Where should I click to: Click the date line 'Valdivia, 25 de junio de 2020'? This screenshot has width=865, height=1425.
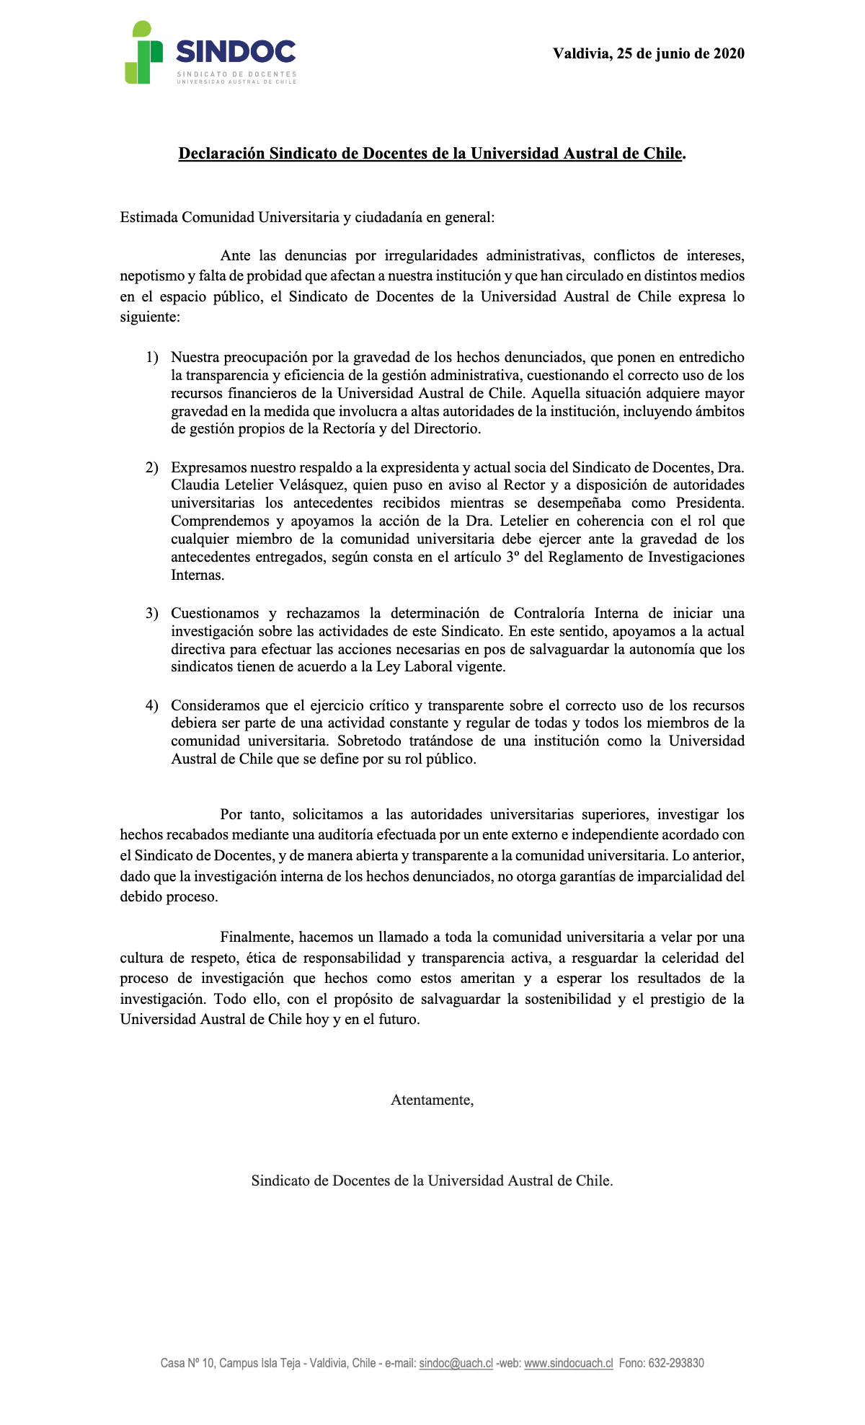pos(648,53)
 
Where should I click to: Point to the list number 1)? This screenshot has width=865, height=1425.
pos(151,358)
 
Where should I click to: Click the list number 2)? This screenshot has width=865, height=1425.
pos(151,468)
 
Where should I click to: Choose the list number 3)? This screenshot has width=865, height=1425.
pos(151,614)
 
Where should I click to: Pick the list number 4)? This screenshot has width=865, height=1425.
pos(151,705)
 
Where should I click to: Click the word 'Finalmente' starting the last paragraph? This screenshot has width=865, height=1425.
pos(256,937)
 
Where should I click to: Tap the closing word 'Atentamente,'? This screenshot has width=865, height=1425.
pos(432,1100)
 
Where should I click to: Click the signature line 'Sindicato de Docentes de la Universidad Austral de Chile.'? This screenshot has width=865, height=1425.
pos(432,1181)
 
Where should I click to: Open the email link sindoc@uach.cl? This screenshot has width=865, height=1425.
pos(456,1363)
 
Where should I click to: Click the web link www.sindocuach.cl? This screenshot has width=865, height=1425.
pos(568,1363)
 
